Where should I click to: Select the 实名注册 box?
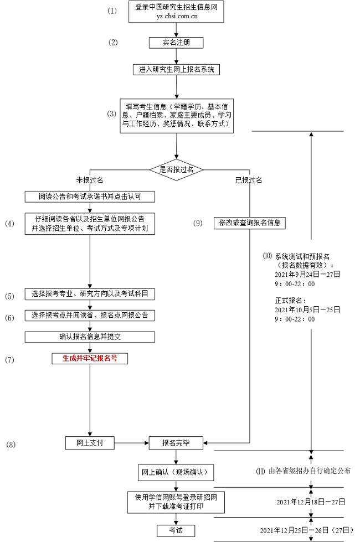176,43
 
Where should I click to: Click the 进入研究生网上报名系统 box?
177,70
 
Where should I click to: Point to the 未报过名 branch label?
90,180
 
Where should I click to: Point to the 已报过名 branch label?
249,180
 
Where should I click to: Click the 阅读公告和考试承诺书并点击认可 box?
89,197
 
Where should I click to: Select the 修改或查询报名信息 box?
249,223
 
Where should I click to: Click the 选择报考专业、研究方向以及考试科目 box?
89,295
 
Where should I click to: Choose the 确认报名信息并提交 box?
89,337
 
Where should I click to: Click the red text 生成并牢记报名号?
89,358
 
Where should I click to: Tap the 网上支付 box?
89,443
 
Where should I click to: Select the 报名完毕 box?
176,443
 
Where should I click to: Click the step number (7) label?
9,360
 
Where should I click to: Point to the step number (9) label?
198,223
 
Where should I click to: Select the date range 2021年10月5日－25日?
307,310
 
